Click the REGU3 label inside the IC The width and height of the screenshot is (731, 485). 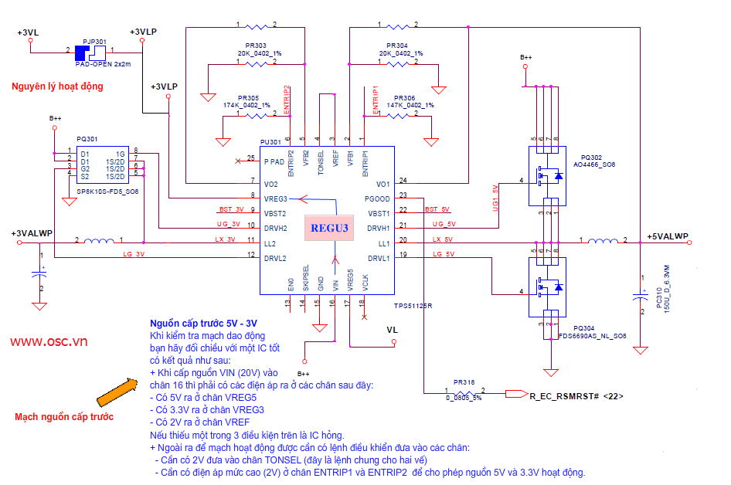point(330,228)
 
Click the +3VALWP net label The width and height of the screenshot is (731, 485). point(32,233)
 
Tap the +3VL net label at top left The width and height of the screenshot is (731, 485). point(28,32)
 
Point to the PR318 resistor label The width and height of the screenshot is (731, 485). point(464,382)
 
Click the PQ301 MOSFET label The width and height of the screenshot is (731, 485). point(87,139)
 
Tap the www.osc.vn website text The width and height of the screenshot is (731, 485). point(48,341)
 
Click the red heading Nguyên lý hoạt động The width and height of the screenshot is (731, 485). point(57,86)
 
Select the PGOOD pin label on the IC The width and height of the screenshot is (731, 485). point(377,198)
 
